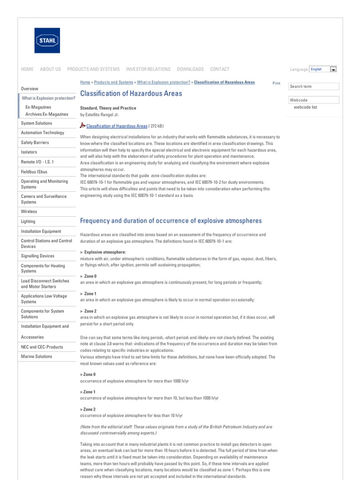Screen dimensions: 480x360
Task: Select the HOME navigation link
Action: click(x=27, y=69)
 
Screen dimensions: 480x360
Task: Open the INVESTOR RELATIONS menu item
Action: click(x=148, y=69)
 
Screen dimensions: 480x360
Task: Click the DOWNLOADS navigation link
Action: click(x=190, y=69)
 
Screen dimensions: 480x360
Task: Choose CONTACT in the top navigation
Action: click(x=220, y=69)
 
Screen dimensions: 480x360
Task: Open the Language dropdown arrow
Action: click(x=333, y=69)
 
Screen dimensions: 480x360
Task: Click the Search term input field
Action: click(x=314, y=87)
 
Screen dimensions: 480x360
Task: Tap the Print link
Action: click(x=276, y=83)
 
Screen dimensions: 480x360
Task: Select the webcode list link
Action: click(x=305, y=107)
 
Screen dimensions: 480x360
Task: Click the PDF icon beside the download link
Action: click(x=82, y=126)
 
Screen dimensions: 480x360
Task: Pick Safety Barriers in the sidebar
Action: click(x=35, y=142)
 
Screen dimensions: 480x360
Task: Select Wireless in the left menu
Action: click(x=29, y=212)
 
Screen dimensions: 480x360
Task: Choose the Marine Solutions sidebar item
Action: click(x=37, y=357)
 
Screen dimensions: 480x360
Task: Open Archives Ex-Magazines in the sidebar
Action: click(x=46, y=114)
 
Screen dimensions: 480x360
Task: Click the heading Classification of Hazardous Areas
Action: click(x=131, y=94)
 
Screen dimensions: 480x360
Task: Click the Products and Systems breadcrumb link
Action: click(x=113, y=82)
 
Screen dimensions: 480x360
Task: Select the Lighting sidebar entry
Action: click(x=28, y=222)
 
